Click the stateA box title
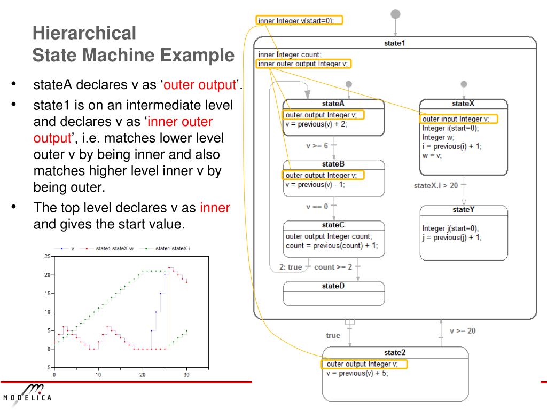tap(333, 104)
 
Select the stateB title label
tap(333, 164)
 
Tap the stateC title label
tap(333, 225)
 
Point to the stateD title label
tap(333, 286)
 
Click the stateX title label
tap(463, 104)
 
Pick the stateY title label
tap(463, 209)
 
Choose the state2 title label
tap(395, 352)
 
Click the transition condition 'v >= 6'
tap(317, 145)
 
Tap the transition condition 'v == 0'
tap(317, 206)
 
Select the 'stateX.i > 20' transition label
tap(436, 186)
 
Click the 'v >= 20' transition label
tap(463, 331)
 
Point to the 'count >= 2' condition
tap(333, 267)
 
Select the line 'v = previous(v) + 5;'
tap(357, 373)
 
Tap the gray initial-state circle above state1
tap(395, 13)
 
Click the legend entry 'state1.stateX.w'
tap(114, 248)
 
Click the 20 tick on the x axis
tap(143, 375)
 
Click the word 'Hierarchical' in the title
tap(84, 33)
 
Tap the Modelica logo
tap(28, 395)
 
